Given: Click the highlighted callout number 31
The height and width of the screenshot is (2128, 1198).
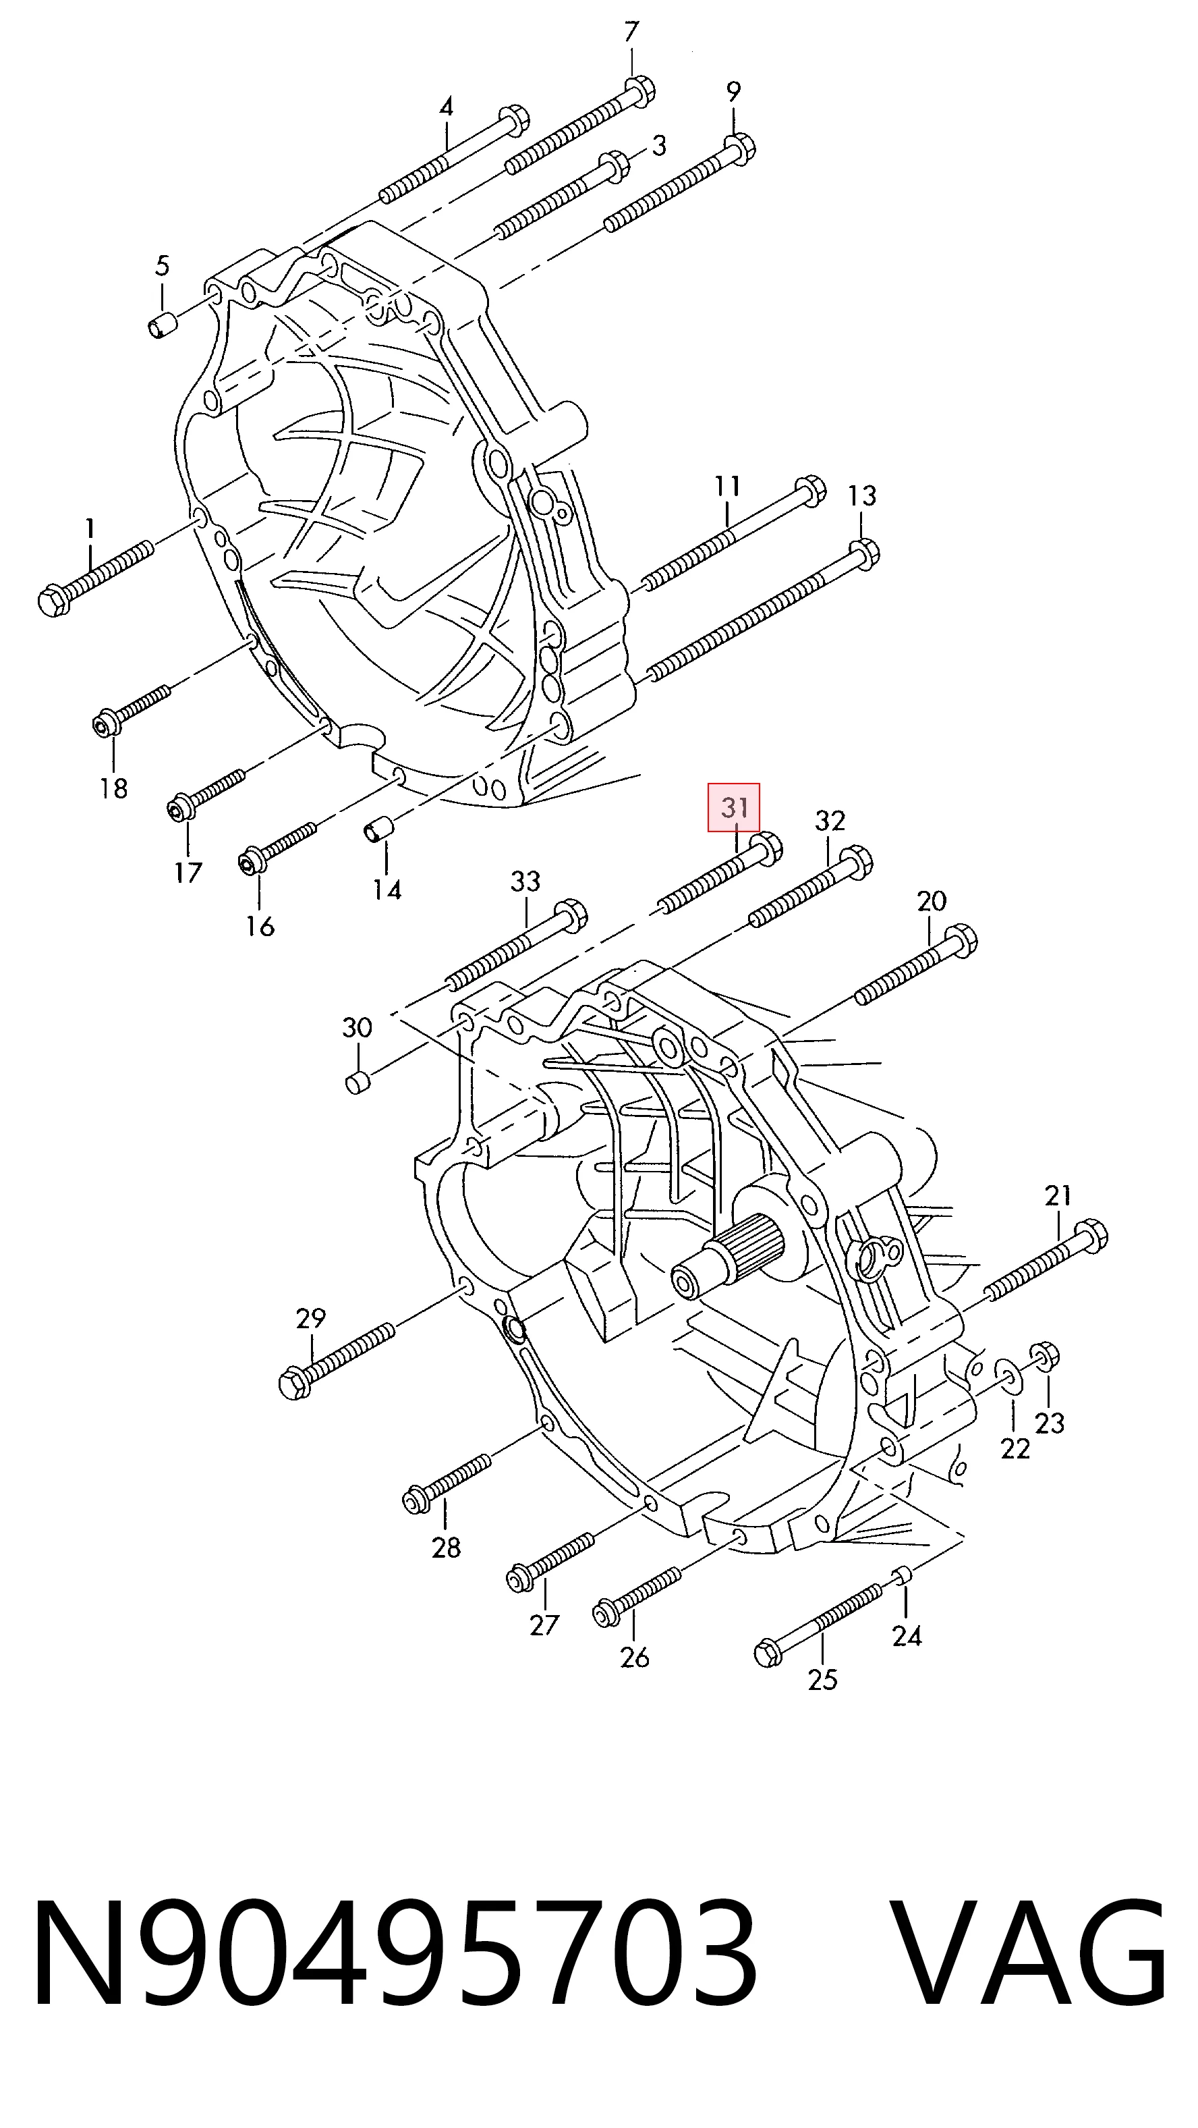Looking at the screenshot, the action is pos(733,807).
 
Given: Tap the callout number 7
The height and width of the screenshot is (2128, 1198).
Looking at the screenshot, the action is pos(631,32).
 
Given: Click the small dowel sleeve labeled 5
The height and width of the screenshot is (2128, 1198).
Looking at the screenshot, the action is pos(161,326).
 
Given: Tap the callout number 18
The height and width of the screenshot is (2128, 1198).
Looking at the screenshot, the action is pos(114,788).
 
